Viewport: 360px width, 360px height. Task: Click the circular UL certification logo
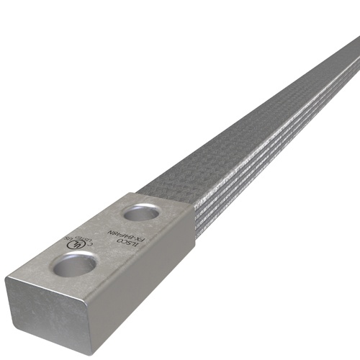click(73, 244)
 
